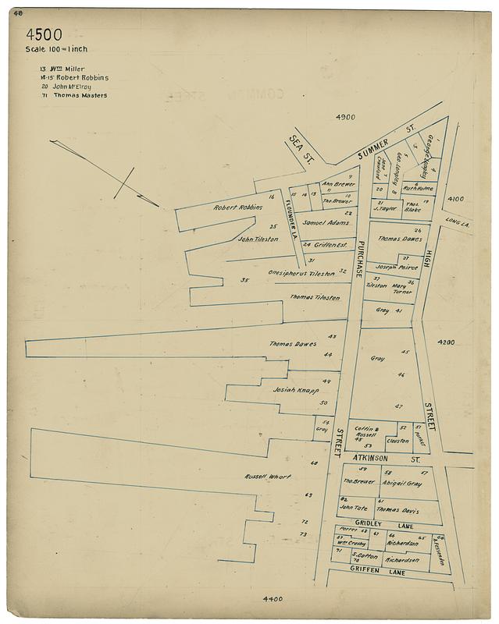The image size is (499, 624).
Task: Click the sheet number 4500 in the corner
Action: tap(44, 35)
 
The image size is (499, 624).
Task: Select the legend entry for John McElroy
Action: tap(70, 87)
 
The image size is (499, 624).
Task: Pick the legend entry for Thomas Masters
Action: tap(74, 96)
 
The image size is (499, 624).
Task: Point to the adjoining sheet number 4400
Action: tap(273, 599)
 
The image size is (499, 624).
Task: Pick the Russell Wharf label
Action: tap(268, 477)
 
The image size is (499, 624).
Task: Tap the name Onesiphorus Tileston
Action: tap(301, 274)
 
